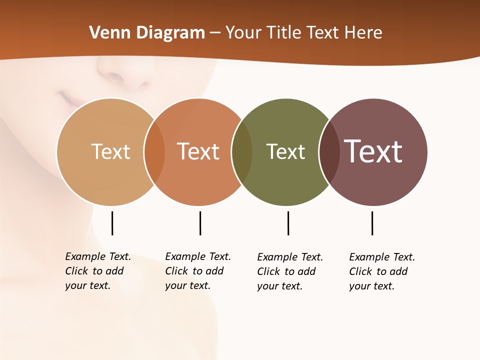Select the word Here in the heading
(x=363, y=33)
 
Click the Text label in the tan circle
(x=110, y=151)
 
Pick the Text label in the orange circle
(x=198, y=151)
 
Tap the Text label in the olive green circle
(x=285, y=151)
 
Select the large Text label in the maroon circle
(x=373, y=151)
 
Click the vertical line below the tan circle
(x=112, y=223)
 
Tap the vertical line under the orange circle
(x=200, y=223)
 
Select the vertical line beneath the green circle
(x=288, y=223)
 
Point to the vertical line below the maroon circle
(x=372, y=223)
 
